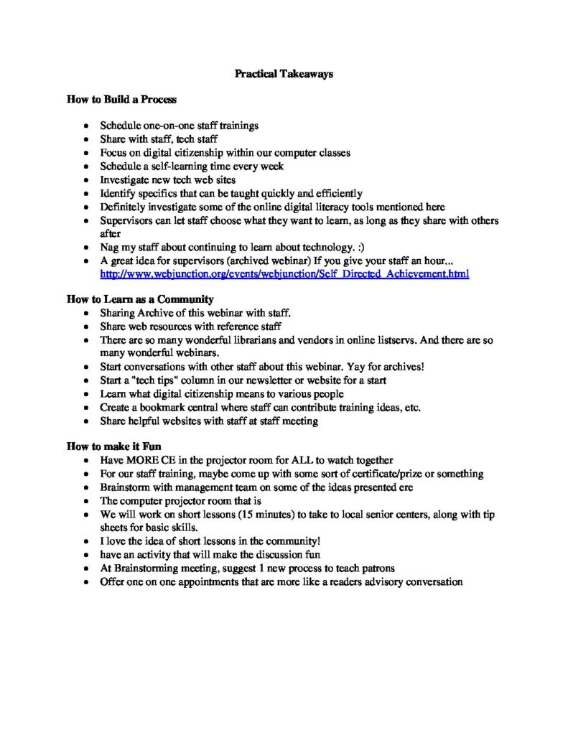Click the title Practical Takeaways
pos(284,74)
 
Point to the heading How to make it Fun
pos(114,446)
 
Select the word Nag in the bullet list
pos(109,248)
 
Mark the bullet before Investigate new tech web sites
pos(87,180)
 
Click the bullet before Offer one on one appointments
pos(87,582)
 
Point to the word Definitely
pos(124,207)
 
